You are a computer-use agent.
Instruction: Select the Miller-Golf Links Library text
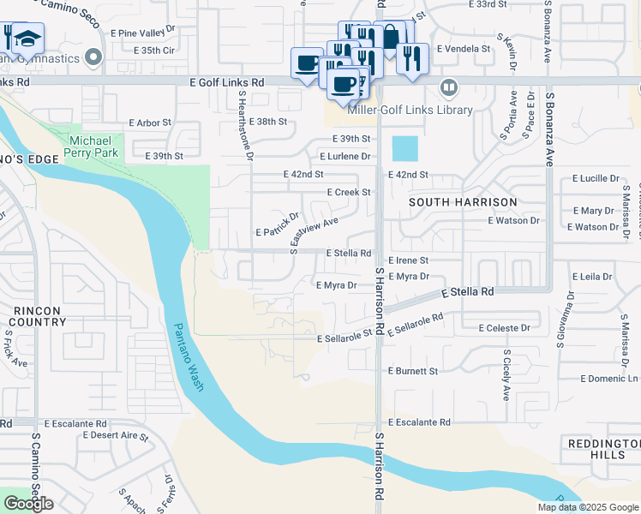tap(410, 111)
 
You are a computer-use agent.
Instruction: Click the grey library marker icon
tap(448, 87)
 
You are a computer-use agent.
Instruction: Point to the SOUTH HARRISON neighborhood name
tap(463, 202)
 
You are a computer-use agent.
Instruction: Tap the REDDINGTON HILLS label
tap(604, 449)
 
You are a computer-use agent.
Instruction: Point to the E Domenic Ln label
tap(609, 379)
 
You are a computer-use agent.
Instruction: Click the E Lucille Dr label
tap(596, 179)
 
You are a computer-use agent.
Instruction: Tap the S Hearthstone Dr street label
tap(247, 126)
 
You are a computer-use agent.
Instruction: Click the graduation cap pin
tap(28, 38)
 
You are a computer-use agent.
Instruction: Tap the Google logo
tap(28, 504)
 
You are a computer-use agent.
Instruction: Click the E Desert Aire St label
tap(116, 437)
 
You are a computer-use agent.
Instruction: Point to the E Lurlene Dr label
tap(344, 157)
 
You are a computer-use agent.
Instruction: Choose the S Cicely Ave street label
tap(506, 375)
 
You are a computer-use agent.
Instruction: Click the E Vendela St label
tap(463, 49)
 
